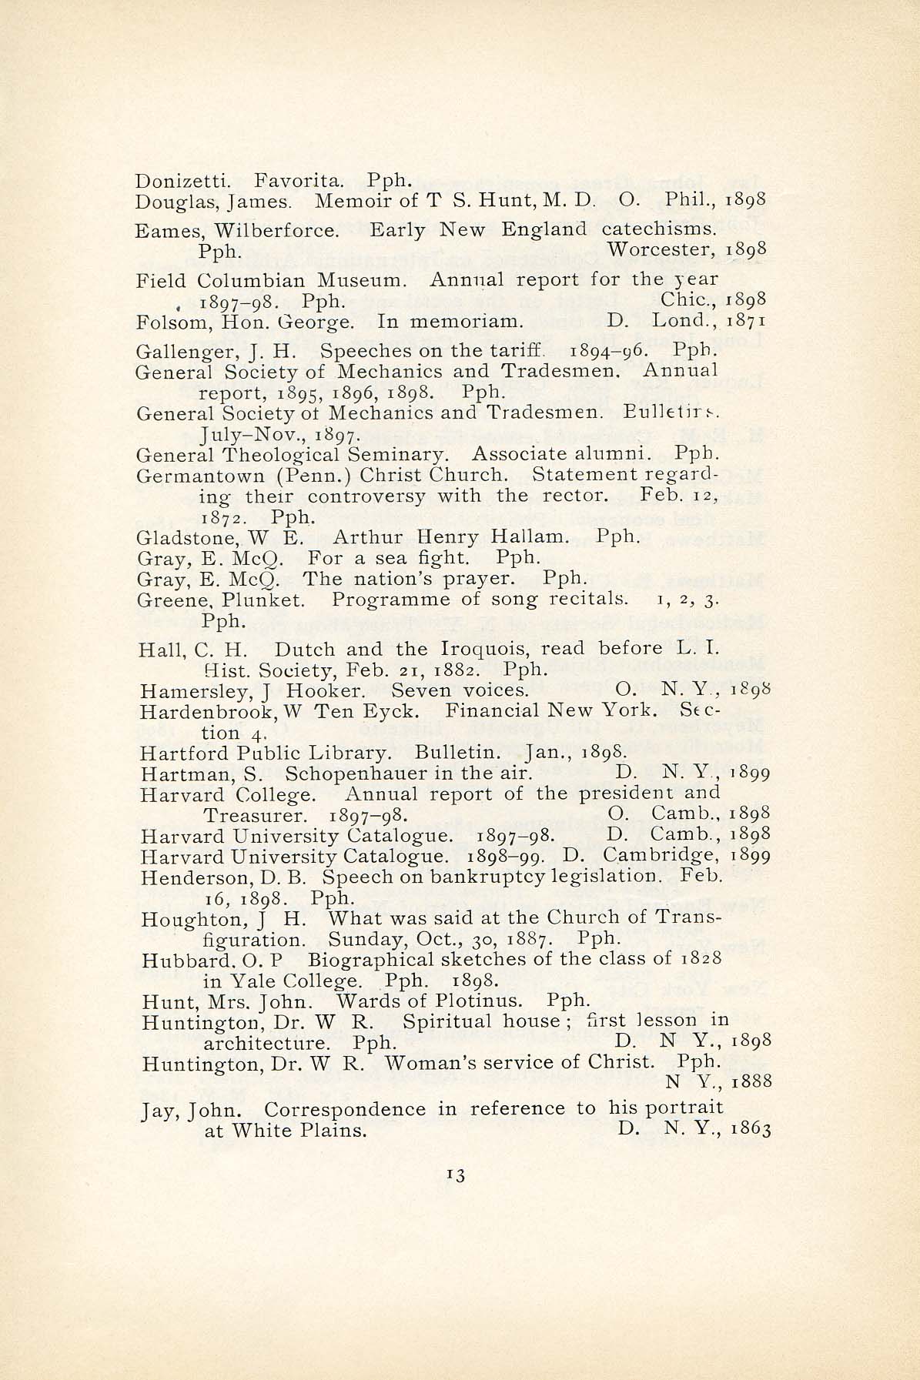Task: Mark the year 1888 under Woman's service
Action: click(751, 1082)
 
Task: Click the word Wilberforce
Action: click(275, 230)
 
